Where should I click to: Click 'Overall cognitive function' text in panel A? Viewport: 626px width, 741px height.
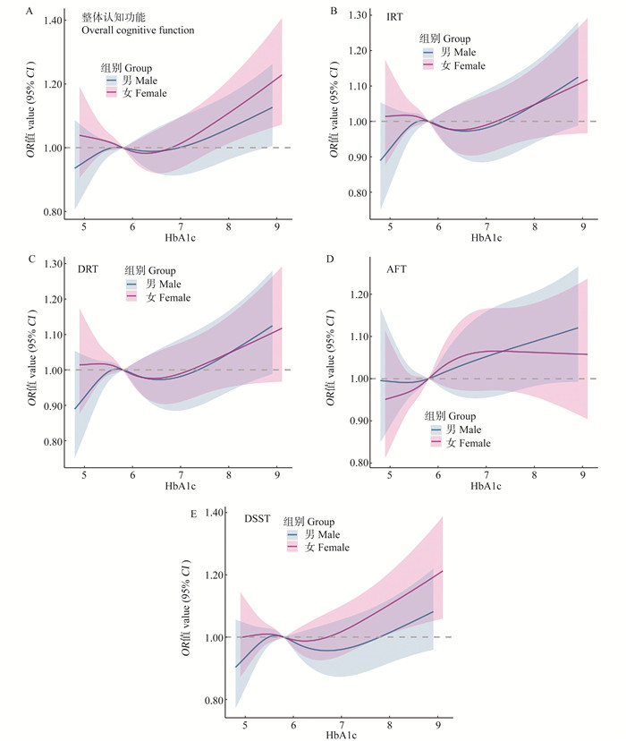[138, 30]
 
